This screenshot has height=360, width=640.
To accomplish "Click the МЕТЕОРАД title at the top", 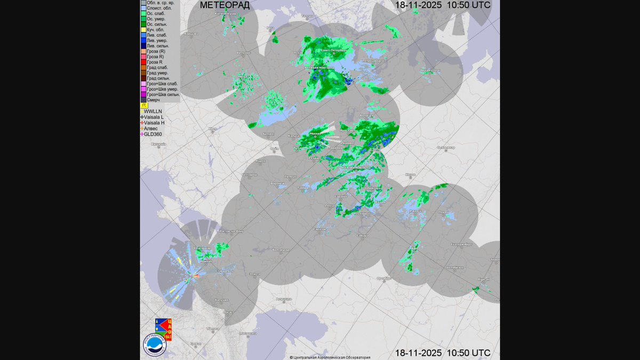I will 224,5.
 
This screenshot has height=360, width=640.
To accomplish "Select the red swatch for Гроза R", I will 143,62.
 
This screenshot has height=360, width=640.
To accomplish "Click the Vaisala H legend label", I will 154,123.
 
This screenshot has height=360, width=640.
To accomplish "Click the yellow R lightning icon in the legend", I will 143,106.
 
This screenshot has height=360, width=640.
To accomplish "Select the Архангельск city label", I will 430,70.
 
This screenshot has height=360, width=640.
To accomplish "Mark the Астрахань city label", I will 284,299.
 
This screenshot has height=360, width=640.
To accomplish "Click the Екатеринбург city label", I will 461,244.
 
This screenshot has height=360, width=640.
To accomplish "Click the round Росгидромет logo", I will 155,345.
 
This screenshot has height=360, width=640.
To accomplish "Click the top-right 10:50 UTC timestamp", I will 443,5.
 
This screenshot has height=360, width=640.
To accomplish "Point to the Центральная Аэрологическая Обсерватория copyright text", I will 330,357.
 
